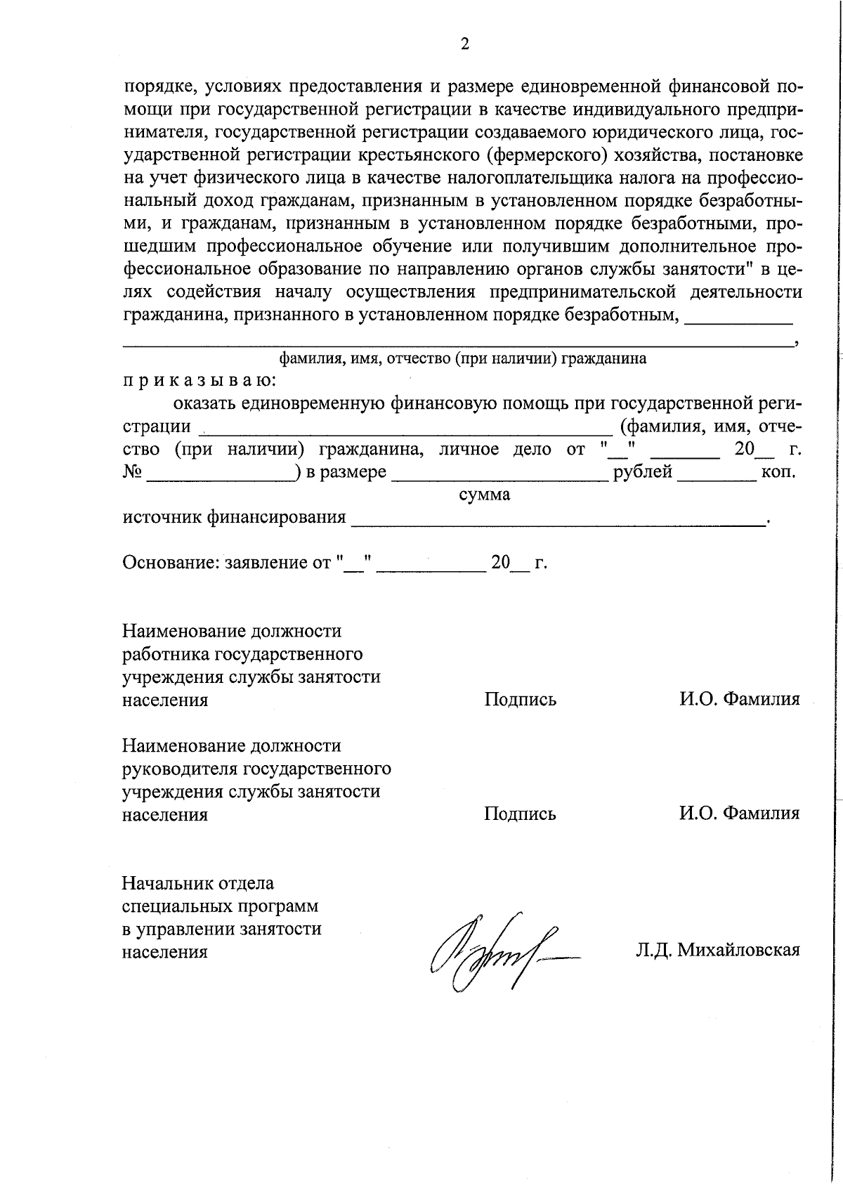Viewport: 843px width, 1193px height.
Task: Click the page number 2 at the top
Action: (x=464, y=45)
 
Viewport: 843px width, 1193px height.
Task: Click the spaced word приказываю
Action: (x=200, y=380)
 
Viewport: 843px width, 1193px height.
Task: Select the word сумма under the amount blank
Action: (x=484, y=494)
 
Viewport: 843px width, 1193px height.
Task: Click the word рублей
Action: (x=643, y=471)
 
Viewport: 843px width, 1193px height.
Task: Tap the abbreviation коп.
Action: (x=778, y=471)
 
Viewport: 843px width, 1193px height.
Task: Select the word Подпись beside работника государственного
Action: (x=520, y=699)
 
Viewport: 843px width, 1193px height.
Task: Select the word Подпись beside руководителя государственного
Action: (x=520, y=814)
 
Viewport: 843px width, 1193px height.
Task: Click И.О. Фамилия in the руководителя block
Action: (x=739, y=814)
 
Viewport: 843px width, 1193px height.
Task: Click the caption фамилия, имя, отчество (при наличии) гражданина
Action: (x=462, y=358)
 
